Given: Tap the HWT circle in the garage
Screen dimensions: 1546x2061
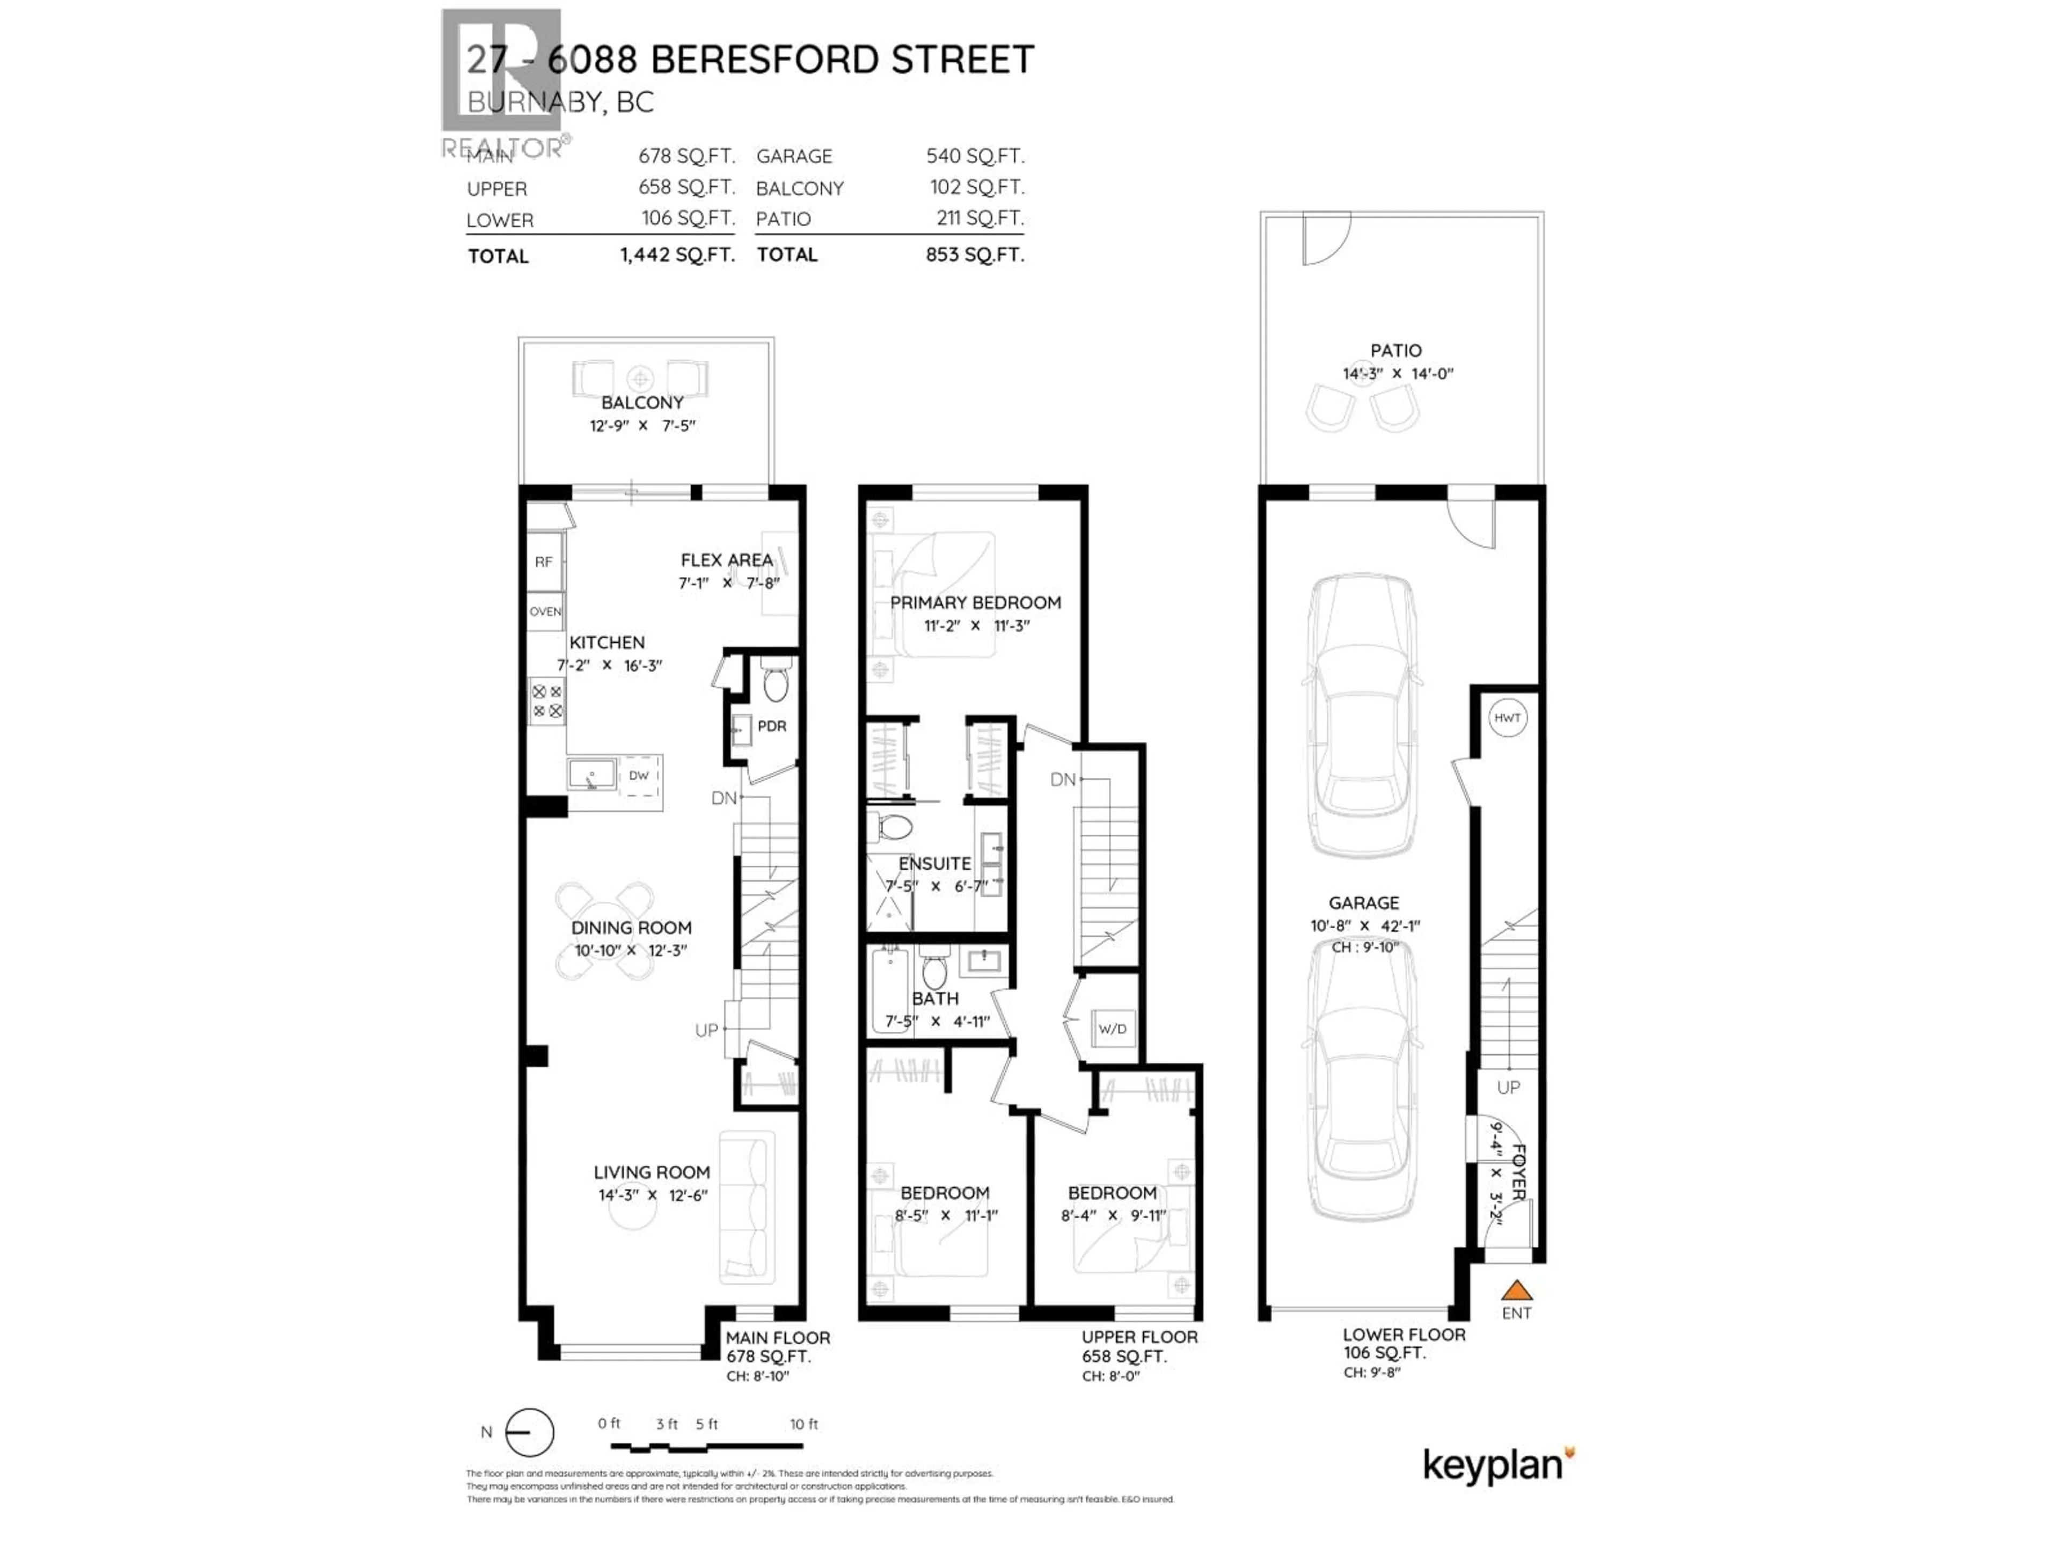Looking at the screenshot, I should coord(1507,718).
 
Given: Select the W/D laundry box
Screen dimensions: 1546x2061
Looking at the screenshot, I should coord(1113,1029).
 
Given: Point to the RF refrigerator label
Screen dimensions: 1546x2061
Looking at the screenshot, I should coord(543,562).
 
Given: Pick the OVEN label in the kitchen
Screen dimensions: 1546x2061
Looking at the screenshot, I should coord(545,611).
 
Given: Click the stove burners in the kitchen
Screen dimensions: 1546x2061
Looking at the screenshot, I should coord(547,701).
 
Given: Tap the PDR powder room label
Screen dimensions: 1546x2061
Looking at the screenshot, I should coord(771,726).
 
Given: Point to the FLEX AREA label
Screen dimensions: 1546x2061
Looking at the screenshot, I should coord(726,560).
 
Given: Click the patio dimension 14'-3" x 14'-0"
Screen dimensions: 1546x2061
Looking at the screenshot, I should coord(1398,374).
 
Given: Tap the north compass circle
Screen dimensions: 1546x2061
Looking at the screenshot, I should coord(529,1432).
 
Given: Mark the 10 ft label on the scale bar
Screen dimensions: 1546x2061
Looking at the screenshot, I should coord(803,1424).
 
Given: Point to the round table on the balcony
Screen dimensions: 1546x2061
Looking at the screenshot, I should coord(639,378).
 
